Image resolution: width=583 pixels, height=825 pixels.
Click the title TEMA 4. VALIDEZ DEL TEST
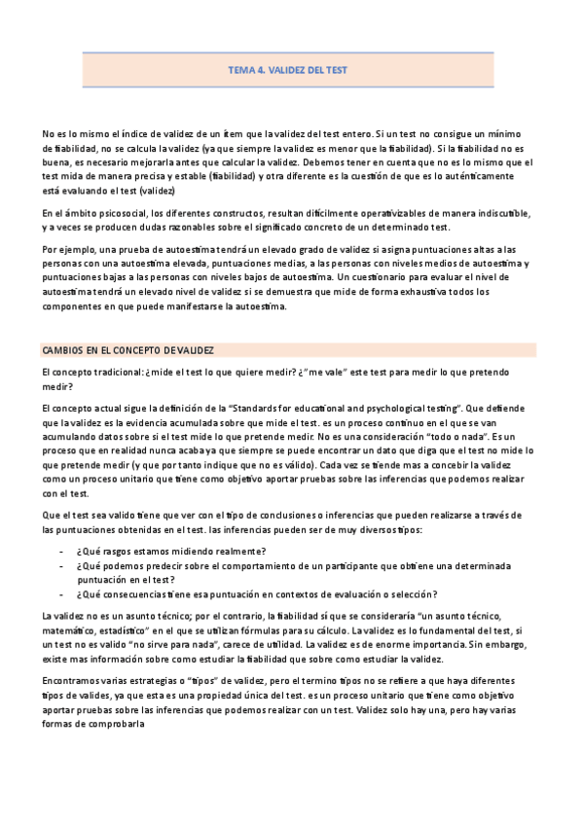287,70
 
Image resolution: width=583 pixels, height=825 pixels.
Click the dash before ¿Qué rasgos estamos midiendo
62,551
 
